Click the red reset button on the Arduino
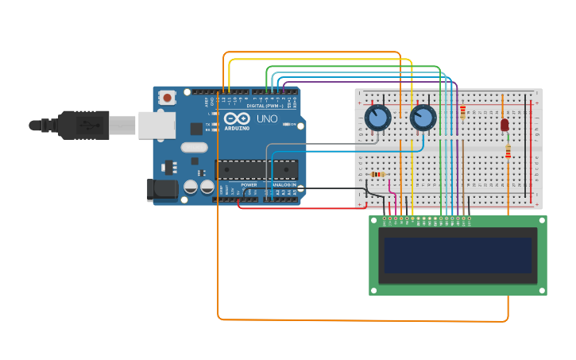click(167, 98)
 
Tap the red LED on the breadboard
click(504, 125)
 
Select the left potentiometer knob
click(377, 118)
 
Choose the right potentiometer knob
click(423, 118)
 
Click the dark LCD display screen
click(458, 255)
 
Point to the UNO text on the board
click(267, 119)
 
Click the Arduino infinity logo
click(237, 118)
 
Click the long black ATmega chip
click(256, 169)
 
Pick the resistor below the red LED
click(508, 150)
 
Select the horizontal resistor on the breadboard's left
click(377, 175)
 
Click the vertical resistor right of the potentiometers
click(462, 113)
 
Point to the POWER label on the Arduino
click(249, 184)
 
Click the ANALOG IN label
click(284, 184)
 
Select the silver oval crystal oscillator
click(194, 147)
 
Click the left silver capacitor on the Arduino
click(191, 188)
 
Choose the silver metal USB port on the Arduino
click(157, 125)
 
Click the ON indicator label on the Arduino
click(292, 124)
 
